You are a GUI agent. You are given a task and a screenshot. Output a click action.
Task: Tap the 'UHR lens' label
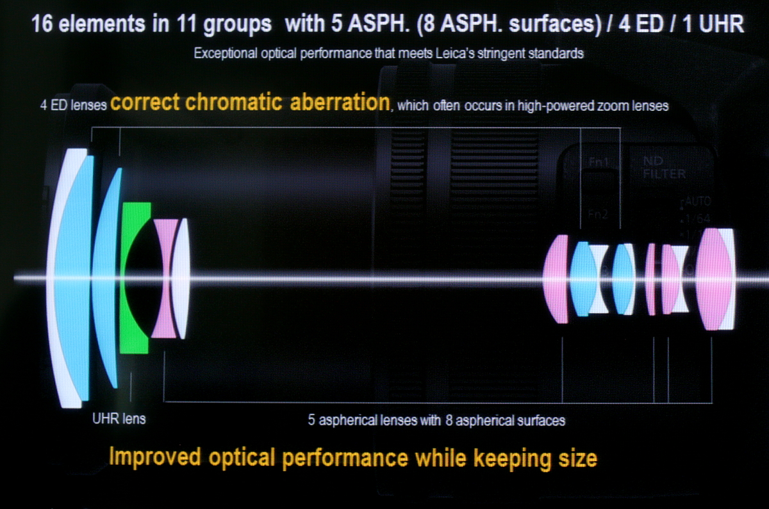coord(119,419)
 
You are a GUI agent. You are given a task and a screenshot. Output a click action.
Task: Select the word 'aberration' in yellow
coord(340,102)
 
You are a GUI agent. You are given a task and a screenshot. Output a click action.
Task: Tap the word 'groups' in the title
coord(237,26)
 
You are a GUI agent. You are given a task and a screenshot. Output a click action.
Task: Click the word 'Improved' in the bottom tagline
coord(154,458)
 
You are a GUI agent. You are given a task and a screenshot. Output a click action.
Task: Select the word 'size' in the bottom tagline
coord(577,458)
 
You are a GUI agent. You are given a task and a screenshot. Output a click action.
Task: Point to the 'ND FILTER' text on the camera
coord(664,168)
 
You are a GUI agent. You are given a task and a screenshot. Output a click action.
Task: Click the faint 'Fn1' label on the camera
coord(599,162)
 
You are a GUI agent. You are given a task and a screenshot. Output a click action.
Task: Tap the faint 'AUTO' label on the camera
coord(698,201)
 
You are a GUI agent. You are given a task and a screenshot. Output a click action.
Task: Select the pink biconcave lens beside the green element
coord(165,278)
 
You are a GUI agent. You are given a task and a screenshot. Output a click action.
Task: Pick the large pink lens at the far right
coord(713,279)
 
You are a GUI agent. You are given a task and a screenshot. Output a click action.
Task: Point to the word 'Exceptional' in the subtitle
coord(226,54)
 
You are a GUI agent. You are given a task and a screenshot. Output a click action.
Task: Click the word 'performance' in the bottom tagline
coord(345,458)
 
